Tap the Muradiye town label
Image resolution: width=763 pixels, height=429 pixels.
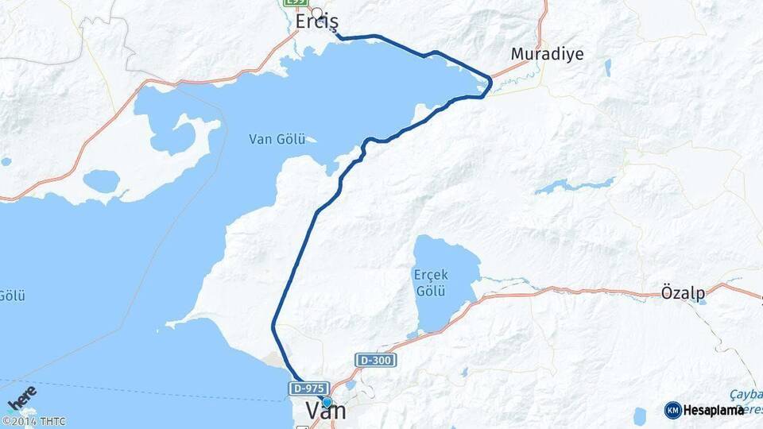click(x=547, y=55)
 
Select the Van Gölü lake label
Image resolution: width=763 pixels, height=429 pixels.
click(x=277, y=139)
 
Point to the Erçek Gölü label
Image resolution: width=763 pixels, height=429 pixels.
click(x=430, y=282)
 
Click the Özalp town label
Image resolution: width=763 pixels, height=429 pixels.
click(x=683, y=293)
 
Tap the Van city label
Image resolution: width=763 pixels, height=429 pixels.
click(x=326, y=412)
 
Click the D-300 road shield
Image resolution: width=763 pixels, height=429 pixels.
click(x=376, y=360)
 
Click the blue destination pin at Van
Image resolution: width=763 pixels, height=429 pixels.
click(x=327, y=402)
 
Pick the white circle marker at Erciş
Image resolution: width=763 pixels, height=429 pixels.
click(x=317, y=12)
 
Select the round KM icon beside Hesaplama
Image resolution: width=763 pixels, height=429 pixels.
click(x=672, y=410)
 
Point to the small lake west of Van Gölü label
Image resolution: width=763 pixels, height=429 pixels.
click(x=101, y=181)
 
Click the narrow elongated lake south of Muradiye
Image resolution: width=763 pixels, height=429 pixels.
click(x=575, y=187)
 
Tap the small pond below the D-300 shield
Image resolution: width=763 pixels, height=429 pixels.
click(x=351, y=385)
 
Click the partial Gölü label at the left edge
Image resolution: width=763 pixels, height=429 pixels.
click(x=12, y=296)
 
